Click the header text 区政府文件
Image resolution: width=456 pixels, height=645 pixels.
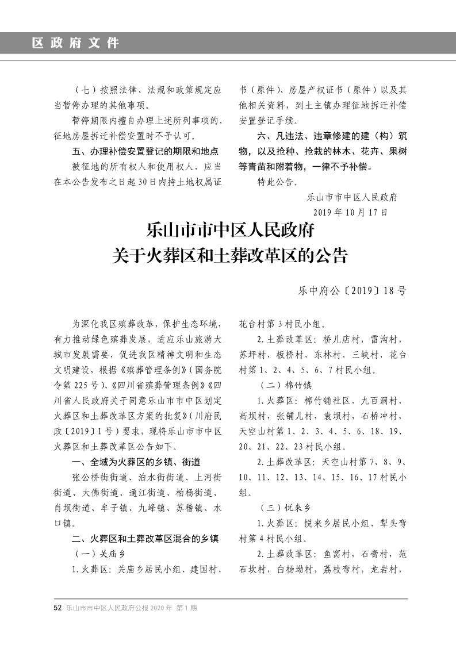coord(75,43)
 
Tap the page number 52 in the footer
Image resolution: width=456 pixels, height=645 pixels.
coord(58,607)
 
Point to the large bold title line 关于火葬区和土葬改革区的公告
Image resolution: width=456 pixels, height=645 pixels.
coord(230,255)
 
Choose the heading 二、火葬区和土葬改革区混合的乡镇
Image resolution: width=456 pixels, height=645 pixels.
coord(145,539)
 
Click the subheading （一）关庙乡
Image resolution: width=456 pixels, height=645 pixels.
coord(101,554)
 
